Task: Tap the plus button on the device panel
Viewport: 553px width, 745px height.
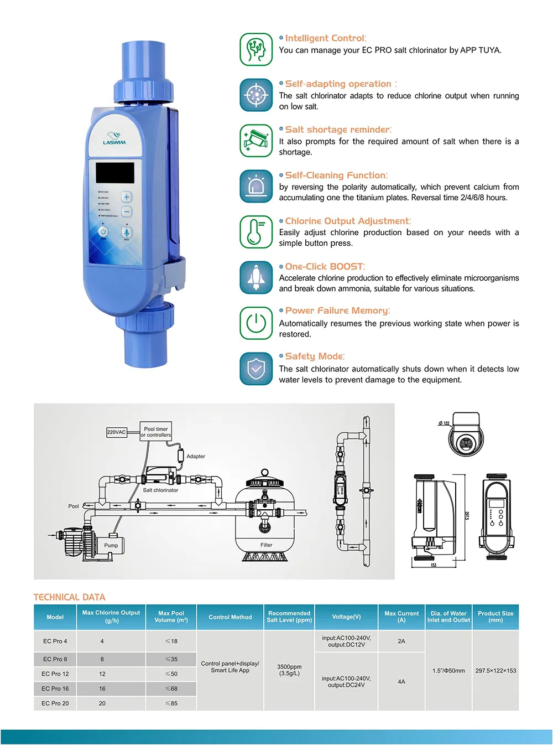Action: point(127,197)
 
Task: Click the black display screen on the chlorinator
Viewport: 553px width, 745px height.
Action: point(115,173)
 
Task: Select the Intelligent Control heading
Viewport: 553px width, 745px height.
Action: point(325,38)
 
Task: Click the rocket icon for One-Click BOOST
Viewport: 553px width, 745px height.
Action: point(256,278)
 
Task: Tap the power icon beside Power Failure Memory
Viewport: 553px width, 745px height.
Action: point(256,323)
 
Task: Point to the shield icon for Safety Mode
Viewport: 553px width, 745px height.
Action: point(256,369)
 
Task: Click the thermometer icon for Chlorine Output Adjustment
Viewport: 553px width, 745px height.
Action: point(256,232)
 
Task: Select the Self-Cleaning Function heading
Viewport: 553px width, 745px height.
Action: point(336,175)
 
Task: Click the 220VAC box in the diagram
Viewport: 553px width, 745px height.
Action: point(116,432)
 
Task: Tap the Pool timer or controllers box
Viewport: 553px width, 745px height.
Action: point(156,432)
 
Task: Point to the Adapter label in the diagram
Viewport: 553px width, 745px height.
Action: point(196,457)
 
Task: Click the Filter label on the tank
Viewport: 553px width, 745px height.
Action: point(267,545)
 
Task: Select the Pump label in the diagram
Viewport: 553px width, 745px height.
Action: point(111,545)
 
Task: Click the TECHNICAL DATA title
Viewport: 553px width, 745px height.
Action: point(69,597)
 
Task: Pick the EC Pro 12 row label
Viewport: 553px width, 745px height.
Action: point(55,674)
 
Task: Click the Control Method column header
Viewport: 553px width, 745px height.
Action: point(230,617)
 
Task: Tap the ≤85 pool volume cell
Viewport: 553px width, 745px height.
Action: point(171,703)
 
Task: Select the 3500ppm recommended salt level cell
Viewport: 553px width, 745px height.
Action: point(289,670)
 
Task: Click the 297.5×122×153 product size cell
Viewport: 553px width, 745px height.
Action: point(495,671)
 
